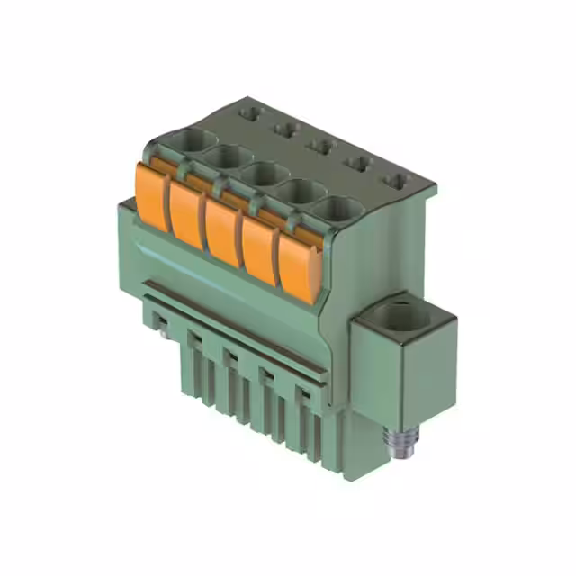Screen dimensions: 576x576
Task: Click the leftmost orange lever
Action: coord(152,193)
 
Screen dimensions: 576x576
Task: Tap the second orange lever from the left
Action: coord(186,212)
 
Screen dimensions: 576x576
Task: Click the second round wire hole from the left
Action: coord(229,157)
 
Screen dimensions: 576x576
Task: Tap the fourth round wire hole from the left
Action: coord(300,191)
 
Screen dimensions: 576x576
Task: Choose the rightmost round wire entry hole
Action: coord(337,209)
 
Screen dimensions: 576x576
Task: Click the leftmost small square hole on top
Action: coord(251,113)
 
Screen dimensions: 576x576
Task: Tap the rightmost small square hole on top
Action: coord(395,181)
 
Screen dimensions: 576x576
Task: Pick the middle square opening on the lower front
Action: coord(230,357)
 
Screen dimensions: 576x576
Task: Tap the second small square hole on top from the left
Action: coord(284,130)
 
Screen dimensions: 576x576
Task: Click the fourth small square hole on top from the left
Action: coord(357,164)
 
